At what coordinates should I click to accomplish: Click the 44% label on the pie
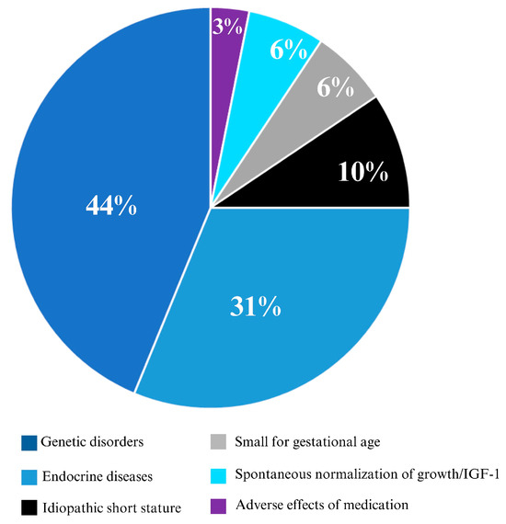(x=112, y=207)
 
